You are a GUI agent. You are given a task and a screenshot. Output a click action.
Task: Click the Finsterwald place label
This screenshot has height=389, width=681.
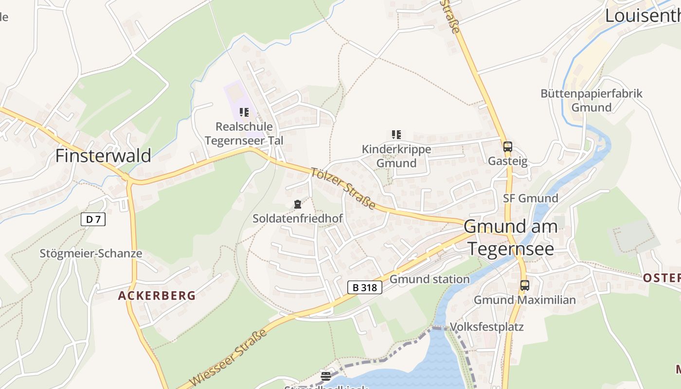[103, 156]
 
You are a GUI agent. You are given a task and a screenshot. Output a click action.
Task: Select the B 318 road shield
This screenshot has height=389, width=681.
[365, 287]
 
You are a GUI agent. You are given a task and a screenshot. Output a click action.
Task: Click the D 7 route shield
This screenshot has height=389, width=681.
[93, 219]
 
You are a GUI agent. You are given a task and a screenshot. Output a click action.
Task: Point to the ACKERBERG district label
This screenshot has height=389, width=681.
[157, 296]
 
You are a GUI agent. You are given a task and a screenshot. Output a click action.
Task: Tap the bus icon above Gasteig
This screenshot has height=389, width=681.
[507, 146]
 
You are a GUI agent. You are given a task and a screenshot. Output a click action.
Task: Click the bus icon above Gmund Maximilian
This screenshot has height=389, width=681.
[524, 285]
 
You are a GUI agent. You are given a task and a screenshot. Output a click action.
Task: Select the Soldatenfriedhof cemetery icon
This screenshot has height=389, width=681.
[298, 204]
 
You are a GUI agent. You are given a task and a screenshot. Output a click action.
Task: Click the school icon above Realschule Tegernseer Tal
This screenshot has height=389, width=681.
[244, 113]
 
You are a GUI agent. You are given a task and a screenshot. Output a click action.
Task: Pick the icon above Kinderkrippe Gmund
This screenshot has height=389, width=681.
[396, 135]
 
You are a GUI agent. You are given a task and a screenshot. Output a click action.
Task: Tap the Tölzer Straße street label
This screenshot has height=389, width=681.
[343, 189]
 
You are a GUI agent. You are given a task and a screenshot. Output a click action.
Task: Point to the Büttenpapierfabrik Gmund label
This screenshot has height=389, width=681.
[591, 100]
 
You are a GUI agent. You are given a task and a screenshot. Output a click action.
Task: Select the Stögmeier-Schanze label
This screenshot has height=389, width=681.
[91, 253]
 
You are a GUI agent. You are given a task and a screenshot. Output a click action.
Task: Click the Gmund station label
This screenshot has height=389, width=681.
[430, 279]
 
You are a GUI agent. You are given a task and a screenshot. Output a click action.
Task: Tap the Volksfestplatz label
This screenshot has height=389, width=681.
[487, 326]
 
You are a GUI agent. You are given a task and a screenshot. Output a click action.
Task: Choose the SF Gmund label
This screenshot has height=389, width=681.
[531, 198]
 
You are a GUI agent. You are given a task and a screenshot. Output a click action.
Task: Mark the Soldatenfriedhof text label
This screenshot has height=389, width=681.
[298, 219]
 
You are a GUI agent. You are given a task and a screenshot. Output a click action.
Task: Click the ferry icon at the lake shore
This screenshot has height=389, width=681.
[326, 376]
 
